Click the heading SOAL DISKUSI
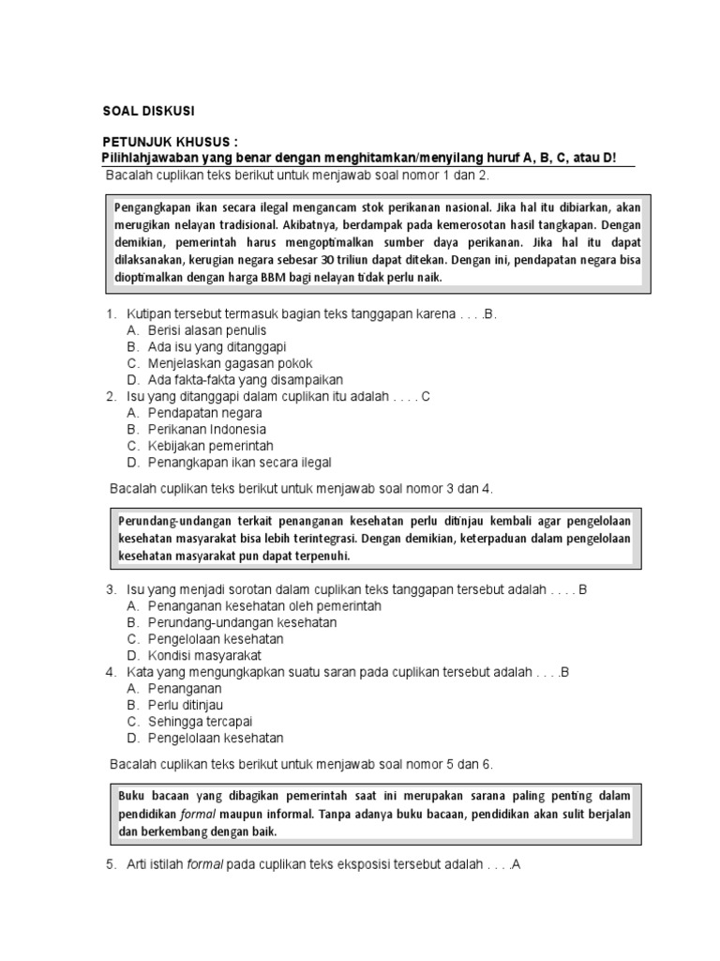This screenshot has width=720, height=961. pos(149,111)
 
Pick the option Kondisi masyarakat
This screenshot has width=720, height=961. pos(204,655)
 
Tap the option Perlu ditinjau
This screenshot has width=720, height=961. pos(186,705)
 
